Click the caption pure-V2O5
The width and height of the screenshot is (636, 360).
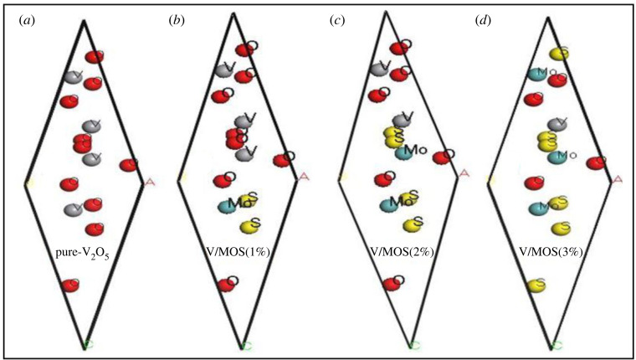coord(83,249)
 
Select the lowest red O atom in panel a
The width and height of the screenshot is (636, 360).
coord(70,286)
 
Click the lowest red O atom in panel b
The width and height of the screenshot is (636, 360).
coord(225,285)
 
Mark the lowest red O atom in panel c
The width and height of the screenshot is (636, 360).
coord(388,285)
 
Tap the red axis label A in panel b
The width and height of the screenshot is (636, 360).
coord(304,177)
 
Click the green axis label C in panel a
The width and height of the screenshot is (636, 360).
coord(86,344)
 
